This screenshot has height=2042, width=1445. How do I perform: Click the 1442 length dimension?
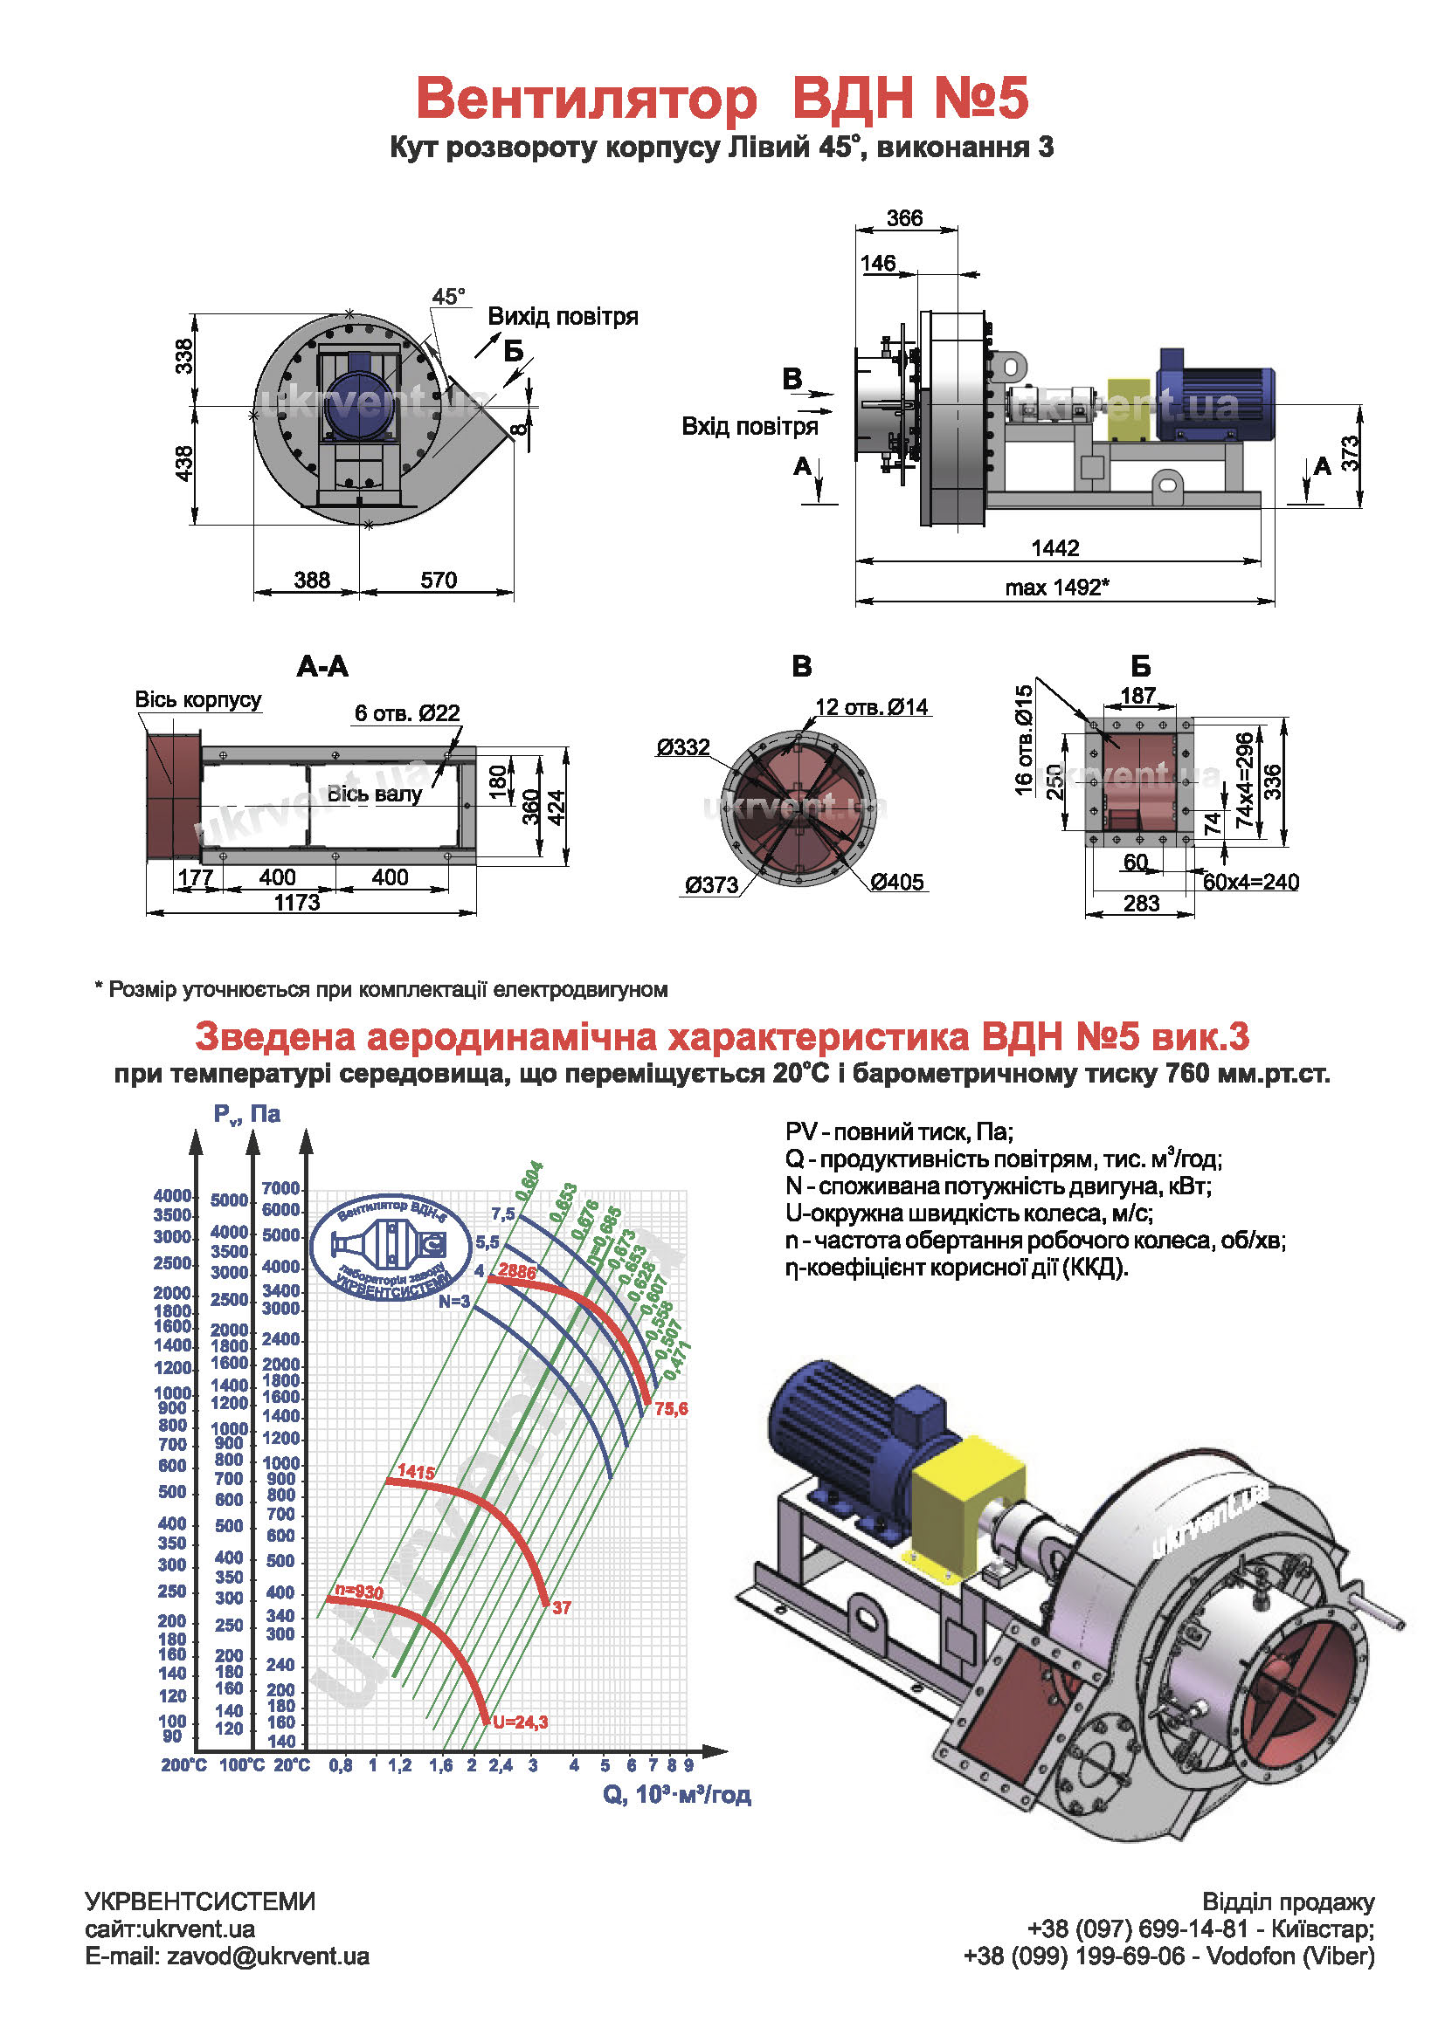(1054, 548)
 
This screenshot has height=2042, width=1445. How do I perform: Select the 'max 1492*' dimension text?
(1056, 587)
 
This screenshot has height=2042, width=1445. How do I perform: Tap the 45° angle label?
(448, 297)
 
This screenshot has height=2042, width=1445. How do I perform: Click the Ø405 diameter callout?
(897, 882)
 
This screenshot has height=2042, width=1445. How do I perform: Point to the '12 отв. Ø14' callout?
(871, 707)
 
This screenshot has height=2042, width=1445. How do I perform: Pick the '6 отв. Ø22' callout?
(406, 712)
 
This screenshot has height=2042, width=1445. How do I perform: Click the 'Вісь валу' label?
(374, 794)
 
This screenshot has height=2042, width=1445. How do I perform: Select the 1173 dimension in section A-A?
(296, 903)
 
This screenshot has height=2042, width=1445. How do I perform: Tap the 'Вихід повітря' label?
(563, 317)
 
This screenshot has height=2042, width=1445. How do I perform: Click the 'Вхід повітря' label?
(750, 426)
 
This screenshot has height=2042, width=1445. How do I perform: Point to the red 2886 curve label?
(517, 1271)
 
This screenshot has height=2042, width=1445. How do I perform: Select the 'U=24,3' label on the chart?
(521, 1722)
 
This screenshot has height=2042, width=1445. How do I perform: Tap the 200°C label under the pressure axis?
(183, 1764)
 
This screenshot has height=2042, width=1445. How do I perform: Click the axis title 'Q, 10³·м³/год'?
(676, 1794)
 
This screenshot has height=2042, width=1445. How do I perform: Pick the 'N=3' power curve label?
(453, 1301)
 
